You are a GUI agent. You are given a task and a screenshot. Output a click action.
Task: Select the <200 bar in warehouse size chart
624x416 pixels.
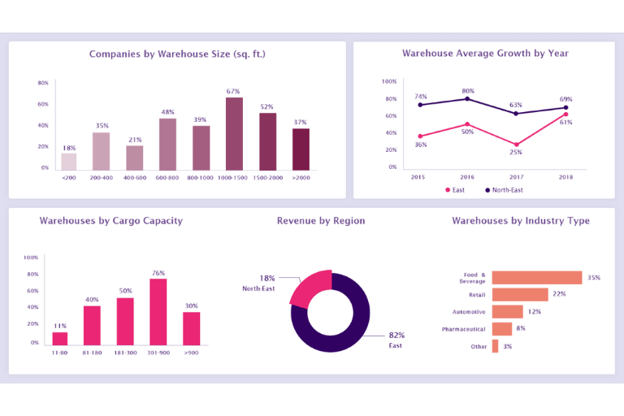pyautogui.click(x=69, y=161)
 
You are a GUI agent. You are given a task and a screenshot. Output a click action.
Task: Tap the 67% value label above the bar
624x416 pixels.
pyautogui.click(x=233, y=91)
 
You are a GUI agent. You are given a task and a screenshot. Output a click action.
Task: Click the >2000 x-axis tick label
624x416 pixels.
pyautogui.click(x=301, y=177)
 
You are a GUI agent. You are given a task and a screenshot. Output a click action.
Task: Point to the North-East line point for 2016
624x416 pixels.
pyautogui.click(x=467, y=98)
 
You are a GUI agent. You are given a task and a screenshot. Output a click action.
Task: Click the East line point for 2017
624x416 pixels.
pyautogui.click(x=517, y=145)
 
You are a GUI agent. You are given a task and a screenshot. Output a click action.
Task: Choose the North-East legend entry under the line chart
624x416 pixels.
pyautogui.click(x=503, y=189)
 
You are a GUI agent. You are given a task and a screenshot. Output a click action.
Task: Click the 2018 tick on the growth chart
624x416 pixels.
pyautogui.click(x=565, y=176)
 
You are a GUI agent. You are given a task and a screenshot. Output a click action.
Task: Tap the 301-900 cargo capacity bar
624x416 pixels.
pyautogui.click(x=158, y=311)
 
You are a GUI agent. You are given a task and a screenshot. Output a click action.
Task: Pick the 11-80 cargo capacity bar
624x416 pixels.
pyautogui.click(x=60, y=338)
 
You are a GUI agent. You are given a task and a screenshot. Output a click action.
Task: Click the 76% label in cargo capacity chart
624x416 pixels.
pyautogui.click(x=158, y=273)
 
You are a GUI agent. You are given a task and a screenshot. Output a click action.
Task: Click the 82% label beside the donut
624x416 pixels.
pyautogui.click(x=396, y=335)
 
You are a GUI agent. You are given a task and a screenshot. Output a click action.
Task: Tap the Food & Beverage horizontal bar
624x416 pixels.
pyautogui.click(x=537, y=278)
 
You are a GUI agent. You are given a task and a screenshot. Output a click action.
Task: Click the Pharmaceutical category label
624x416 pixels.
pyautogui.click(x=463, y=329)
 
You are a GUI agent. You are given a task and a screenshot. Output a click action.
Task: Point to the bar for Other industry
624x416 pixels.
pyautogui.click(x=495, y=346)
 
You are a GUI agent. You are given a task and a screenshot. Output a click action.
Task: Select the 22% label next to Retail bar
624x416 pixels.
pyautogui.click(x=559, y=294)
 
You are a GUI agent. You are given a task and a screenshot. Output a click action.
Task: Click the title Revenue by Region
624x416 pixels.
pyautogui.click(x=321, y=221)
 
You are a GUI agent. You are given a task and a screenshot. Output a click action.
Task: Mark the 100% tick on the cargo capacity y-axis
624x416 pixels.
pyautogui.click(x=31, y=257)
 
